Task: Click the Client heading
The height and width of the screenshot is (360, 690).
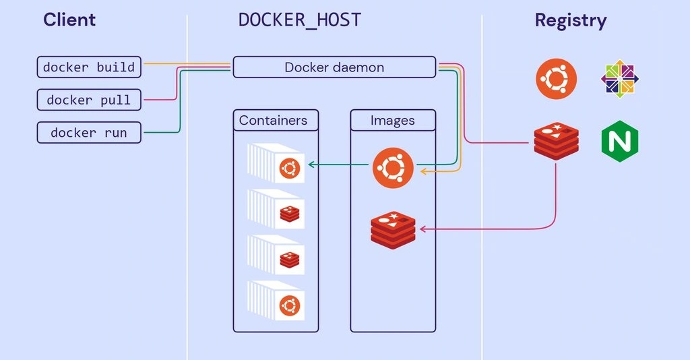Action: click(69, 20)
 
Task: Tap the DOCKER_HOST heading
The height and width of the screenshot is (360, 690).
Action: click(300, 20)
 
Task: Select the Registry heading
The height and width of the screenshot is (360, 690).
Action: click(571, 20)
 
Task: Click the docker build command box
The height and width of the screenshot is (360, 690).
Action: click(89, 67)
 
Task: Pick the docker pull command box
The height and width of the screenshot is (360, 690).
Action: click(89, 100)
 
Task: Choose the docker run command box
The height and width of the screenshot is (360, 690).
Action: click(89, 133)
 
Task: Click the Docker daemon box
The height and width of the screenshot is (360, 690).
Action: click(334, 67)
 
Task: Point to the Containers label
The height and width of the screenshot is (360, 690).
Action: click(273, 121)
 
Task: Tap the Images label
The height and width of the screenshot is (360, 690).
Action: click(393, 121)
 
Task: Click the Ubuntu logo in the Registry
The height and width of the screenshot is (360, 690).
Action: click(557, 79)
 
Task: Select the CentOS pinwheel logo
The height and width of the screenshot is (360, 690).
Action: click(620, 79)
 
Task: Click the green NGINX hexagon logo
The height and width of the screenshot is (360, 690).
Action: click(620, 142)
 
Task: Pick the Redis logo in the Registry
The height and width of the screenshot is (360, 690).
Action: click(557, 142)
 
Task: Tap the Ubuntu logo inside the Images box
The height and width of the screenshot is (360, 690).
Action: click(393, 168)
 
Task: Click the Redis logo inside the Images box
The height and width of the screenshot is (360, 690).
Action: click(393, 229)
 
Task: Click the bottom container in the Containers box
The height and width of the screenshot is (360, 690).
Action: click(276, 301)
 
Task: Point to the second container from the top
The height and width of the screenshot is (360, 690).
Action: click(276, 209)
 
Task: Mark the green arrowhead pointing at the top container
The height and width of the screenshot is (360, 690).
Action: click(311, 164)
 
